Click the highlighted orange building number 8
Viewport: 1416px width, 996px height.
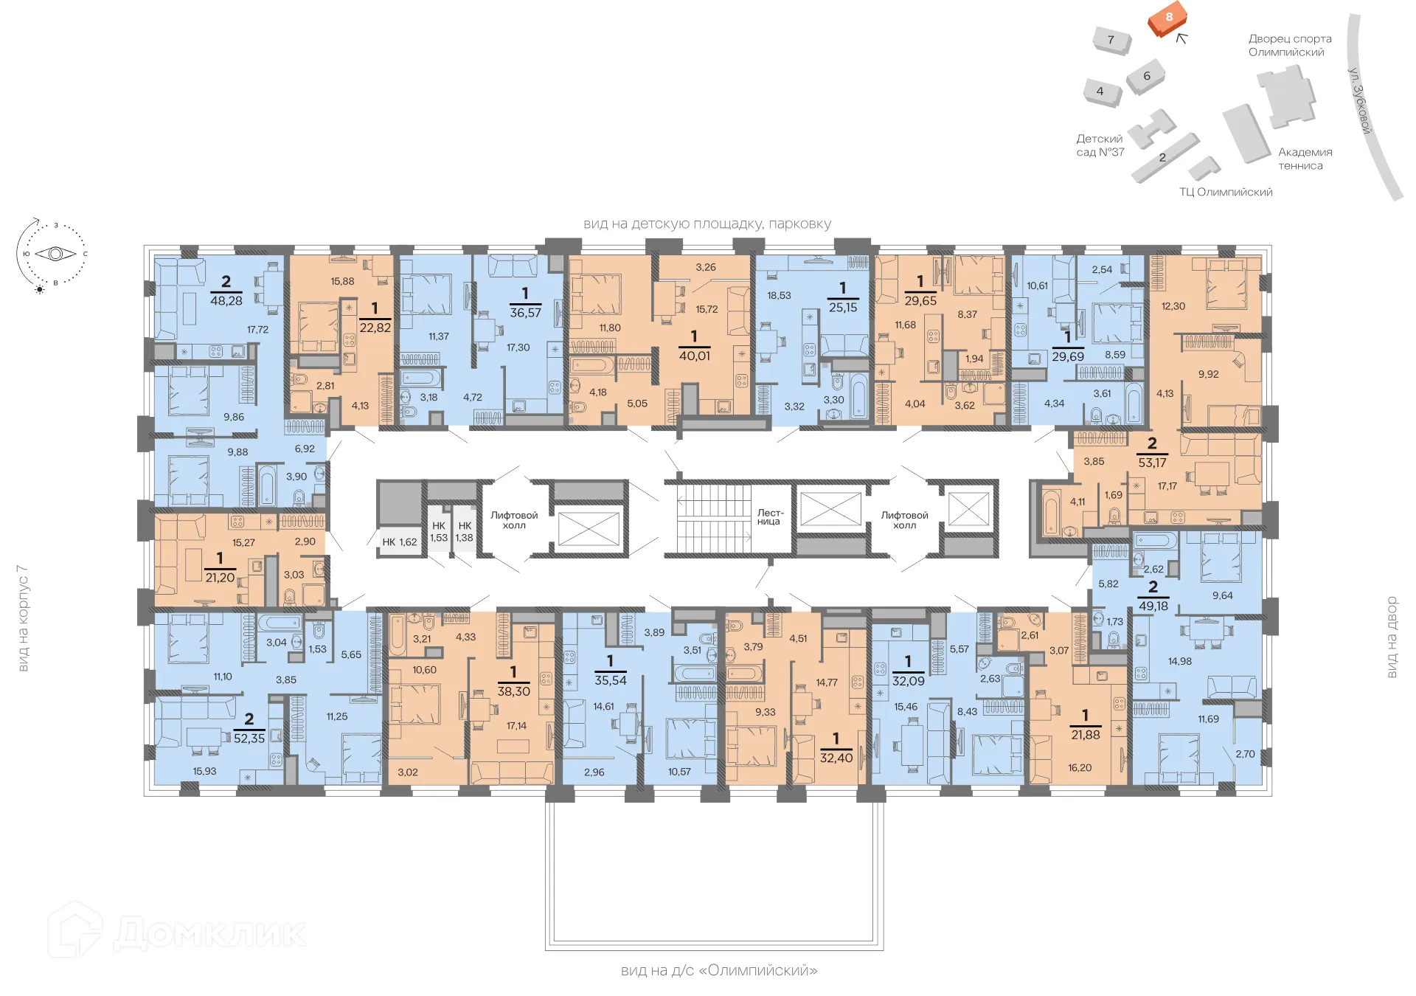coord(1169,18)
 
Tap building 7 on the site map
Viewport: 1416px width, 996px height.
coord(1111,40)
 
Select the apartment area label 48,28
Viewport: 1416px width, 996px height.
coord(226,301)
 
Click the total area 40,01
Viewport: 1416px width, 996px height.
coord(694,356)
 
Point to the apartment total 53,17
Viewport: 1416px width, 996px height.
coord(1152,463)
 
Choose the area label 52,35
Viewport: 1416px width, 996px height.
coord(249,738)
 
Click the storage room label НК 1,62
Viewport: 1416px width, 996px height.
coord(399,542)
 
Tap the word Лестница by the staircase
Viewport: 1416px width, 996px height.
coord(769,517)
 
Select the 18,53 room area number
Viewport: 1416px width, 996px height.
coord(779,296)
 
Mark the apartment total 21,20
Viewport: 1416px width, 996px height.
coord(220,578)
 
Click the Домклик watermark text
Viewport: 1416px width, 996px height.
coord(209,933)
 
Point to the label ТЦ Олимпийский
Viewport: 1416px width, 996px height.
coord(1226,193)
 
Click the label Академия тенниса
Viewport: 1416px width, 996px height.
coord(1305,159)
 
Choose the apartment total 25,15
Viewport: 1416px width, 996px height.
coord(843,308)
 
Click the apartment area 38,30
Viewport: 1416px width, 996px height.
coord(513,691)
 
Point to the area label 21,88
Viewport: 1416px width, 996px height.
coord(1085,735)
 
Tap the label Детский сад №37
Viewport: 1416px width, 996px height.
coord(1100,145)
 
